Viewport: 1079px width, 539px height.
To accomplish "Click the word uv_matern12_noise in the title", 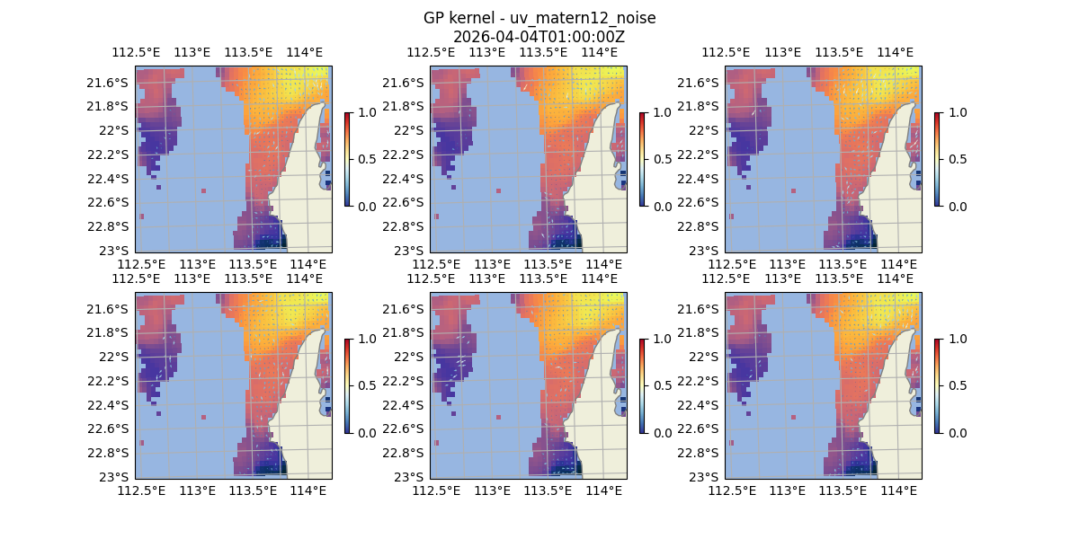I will coord(591,19).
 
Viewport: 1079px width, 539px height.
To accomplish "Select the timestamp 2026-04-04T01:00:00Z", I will coord(539,37).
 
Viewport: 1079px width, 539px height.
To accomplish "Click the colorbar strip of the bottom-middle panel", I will coord(642,385).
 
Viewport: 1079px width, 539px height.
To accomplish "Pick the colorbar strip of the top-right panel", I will coord(937,159).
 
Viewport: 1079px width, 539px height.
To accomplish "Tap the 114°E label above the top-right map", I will coord(895,52).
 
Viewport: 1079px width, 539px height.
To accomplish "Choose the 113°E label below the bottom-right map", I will coord(788,490).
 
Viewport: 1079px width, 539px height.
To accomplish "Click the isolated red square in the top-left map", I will coord(204,190).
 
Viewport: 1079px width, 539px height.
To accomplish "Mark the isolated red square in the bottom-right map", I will coord(794,417).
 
